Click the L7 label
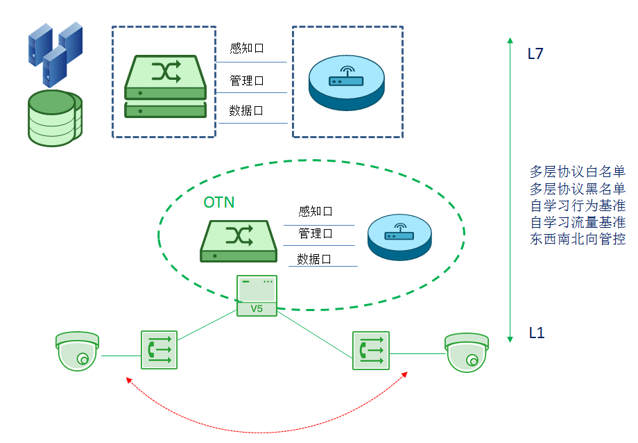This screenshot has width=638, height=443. point(535,53)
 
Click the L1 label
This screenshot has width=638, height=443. point(536,333)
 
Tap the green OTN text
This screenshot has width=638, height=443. point(218,203)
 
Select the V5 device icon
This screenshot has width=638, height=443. point(257,296)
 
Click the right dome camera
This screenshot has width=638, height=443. point(466,352)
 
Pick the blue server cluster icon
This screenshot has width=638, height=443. point(55,52)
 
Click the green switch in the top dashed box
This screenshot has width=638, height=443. point(166,87)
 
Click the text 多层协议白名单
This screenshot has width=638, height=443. point(577,172)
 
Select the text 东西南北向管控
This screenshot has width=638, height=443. point(577,240)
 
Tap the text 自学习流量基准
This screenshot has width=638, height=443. point(577,223)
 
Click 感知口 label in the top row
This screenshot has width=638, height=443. point(247,49)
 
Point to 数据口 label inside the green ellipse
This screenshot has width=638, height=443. point(314,259)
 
